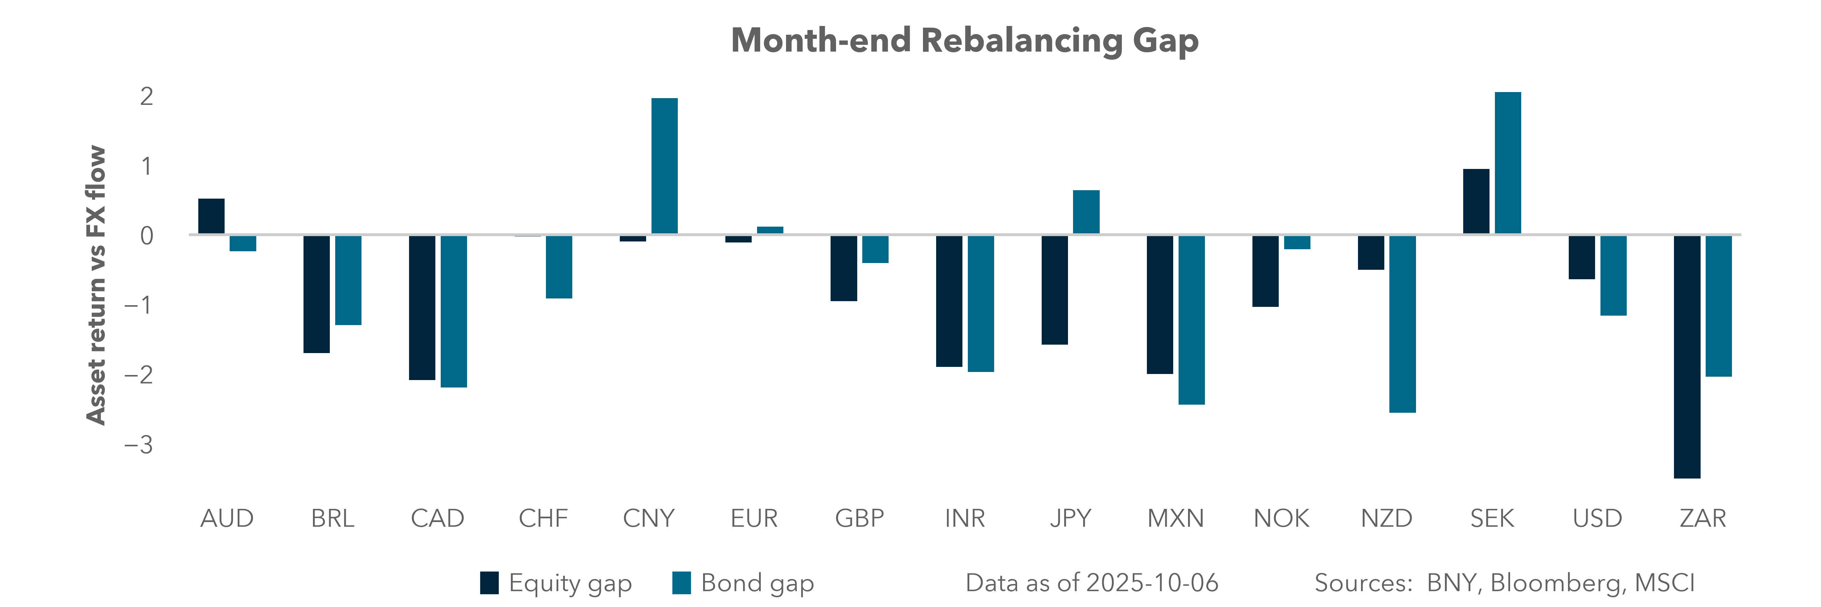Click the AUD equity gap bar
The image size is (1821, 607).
[211, 216]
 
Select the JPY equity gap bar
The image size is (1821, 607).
[1055, 290]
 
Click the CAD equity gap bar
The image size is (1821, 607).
[422, 308]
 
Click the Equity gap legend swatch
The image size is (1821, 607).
[489, 583]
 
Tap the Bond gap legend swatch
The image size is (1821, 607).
[682, 583]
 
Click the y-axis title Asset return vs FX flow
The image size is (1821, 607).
[95, 285]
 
